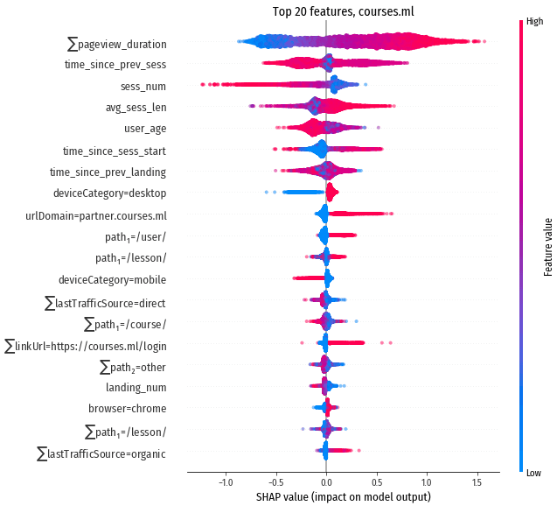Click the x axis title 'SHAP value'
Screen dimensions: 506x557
(x=343, y=497)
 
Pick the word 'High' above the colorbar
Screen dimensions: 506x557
(x=536, y=23)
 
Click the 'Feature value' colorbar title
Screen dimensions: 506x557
(x=547, y=246)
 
